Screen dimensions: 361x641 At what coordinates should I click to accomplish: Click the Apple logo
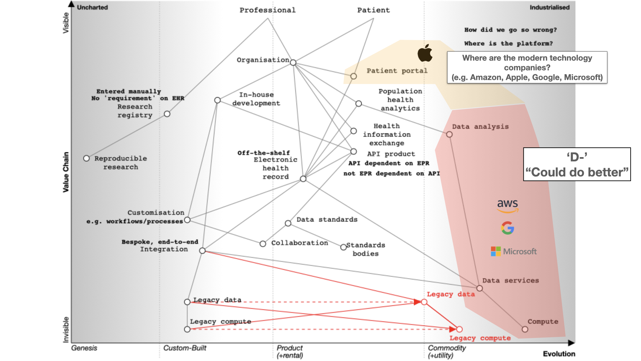point(425,53)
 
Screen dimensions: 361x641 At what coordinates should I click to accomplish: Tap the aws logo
point(507,205)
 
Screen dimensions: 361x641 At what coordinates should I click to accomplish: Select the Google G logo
point(507,228)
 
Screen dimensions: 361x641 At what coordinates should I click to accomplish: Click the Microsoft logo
point(513,251)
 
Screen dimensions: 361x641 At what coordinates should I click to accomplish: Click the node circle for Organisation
point(293,63)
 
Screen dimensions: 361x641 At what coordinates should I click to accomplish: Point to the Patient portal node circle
point(354,76)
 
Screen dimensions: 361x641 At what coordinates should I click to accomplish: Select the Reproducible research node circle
point(86,158)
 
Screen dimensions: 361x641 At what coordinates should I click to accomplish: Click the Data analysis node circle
point(449,134)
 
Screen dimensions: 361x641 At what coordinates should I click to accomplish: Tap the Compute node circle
point(525,329)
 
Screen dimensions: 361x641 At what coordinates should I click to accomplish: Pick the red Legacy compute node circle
point(459,329)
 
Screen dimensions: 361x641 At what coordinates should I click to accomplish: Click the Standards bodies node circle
point(344,247)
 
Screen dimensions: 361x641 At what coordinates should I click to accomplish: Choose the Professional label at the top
point(267,10)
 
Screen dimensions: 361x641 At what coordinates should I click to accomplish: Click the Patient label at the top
point(373,10)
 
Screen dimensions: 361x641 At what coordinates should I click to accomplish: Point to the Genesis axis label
point(84,348)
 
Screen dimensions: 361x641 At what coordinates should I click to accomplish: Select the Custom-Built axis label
point(185,348)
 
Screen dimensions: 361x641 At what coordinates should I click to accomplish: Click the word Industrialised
point(550,7)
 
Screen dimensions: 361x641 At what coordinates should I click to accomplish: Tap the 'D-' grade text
point(577,157)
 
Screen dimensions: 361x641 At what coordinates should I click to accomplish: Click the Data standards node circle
point(288,223)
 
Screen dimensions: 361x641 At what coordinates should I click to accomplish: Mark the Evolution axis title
point(559,354)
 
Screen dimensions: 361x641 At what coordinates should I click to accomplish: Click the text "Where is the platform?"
point(508,43)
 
